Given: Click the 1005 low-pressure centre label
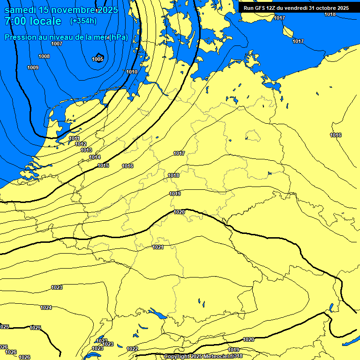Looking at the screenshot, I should click(97, 59).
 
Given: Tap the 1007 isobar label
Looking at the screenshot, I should click(57, 44).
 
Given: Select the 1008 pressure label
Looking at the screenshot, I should click(44, 56).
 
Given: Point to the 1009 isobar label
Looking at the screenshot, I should click(33, 68).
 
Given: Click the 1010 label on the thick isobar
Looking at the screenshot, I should click(132, 72).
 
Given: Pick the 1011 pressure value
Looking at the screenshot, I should click(74, 138).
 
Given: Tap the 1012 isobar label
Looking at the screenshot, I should click(81, 144).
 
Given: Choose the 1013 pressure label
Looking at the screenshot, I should click(86, 150).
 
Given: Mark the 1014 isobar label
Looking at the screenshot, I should click(95, 157).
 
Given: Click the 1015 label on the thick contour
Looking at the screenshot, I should click(103, 166).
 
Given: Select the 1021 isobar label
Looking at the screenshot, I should click(158, 247).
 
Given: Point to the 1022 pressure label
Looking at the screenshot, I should click(132, 349).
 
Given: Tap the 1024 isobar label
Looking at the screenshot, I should click(46, 307).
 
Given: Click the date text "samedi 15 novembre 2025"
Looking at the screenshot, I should click(61, 9).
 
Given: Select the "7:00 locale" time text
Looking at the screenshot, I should click(33, 21).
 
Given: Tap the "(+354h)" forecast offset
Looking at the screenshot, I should click(83, 21).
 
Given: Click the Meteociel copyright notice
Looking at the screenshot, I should click(203, 357).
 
